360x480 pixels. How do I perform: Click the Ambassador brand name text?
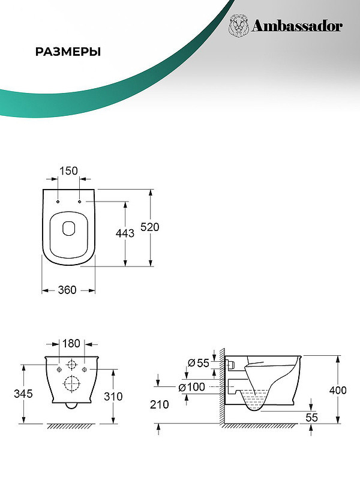pos(296,26)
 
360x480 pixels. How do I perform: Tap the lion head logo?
pos(238,26)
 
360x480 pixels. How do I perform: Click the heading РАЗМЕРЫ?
pos(68,52)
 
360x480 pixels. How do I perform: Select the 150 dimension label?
pos(68,171)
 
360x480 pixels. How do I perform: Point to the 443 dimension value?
pos(125,233)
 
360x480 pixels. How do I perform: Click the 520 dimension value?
pos(149,227)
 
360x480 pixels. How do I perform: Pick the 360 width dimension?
pos(67,290)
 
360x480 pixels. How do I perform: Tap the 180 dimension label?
pos(71,343)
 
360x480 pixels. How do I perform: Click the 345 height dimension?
pos(23,394)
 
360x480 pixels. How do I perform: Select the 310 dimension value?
pos(113,397)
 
